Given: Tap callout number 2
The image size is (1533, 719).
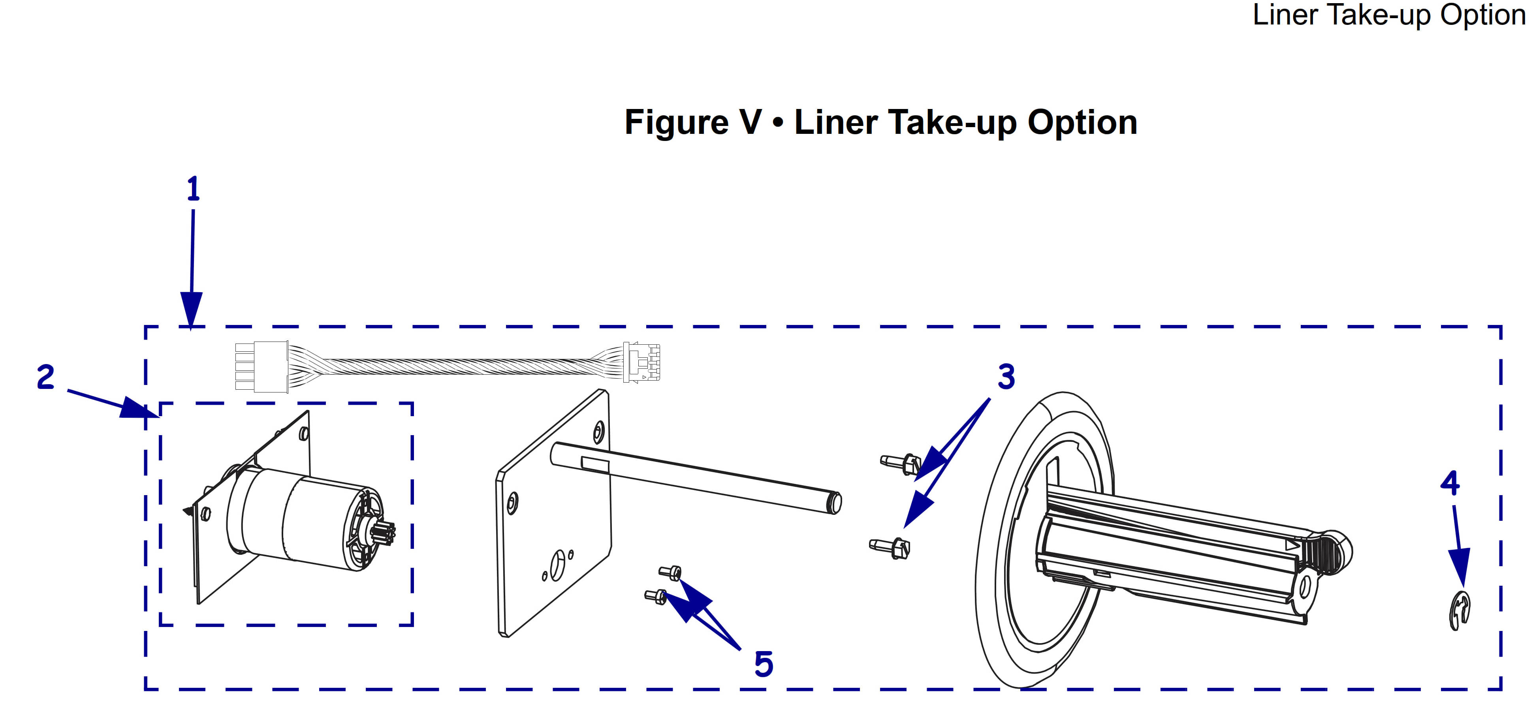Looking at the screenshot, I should [45, 377].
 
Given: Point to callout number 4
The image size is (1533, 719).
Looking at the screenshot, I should [1450, 483].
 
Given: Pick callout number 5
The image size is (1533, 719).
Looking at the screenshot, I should [764, 664].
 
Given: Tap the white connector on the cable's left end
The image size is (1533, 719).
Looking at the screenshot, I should [262, 366].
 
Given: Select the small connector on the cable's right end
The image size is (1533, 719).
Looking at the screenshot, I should [641, 362].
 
